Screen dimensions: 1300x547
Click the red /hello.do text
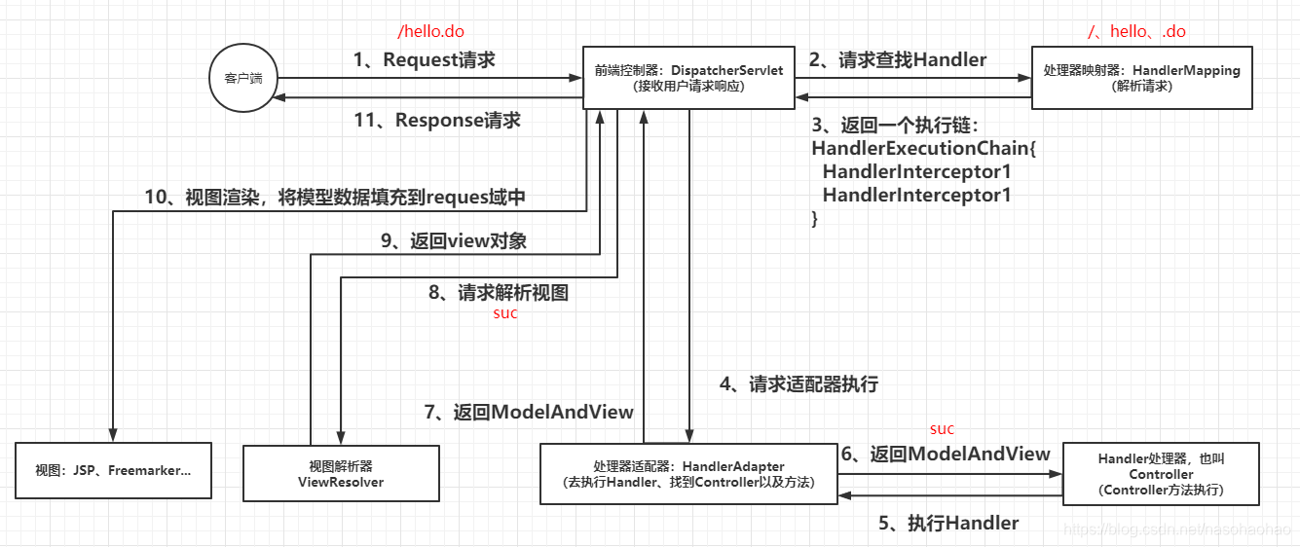pos(430,31)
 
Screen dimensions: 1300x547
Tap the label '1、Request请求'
pos(425,59)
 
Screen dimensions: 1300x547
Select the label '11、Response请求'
pos(437,120)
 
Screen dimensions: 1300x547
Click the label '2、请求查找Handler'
pos(897,59)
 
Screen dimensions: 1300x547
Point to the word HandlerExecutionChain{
pos(924,149)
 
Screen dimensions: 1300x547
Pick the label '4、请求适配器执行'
pos(799,384)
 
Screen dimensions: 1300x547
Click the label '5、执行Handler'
pos(948,524)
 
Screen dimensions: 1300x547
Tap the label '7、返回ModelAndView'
pos(529,412)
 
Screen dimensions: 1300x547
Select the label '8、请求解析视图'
pos(499,292)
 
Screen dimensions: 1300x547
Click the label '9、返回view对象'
pos(453,240)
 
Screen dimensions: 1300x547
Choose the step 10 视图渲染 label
pos(335,198)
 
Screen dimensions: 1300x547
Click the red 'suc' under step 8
pos(505,313)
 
